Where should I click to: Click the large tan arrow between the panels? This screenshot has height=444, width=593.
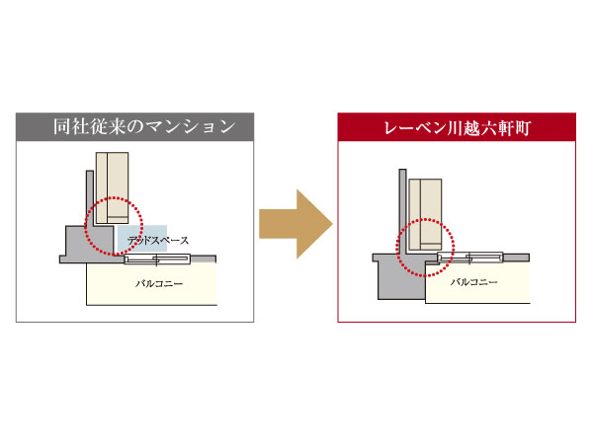[295, 224]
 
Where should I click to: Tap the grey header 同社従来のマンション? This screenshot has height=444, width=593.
[136, 126]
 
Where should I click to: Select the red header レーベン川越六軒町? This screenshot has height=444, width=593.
[457, 126]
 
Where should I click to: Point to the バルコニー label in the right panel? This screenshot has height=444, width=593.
[474, 282]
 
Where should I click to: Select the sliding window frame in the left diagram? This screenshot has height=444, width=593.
[157, 259]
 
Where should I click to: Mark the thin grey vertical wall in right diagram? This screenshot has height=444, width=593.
[403, 212]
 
